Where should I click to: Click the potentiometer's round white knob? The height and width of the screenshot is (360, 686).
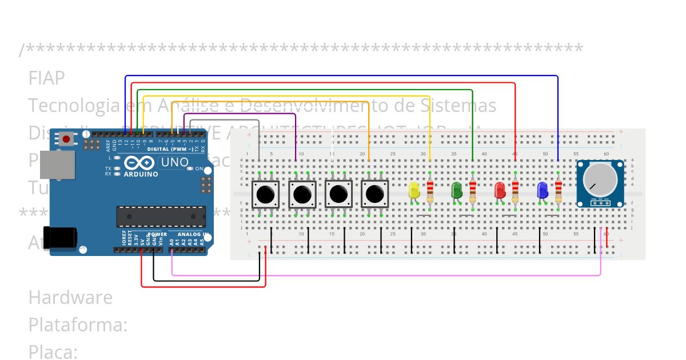tap(599, 179)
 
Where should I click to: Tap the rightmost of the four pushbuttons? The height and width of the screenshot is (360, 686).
tap(375, 194)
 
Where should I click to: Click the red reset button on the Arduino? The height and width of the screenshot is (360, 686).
tap(67, 139)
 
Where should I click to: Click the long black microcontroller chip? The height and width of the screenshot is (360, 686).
tap(161, 216)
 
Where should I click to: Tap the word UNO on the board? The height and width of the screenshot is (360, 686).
tap(174, 162)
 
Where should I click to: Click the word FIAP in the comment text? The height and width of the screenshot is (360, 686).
tap(46, 78)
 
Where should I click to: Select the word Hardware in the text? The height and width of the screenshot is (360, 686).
tap(70, 298)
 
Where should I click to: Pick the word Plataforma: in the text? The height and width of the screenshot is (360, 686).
tap(78, 325)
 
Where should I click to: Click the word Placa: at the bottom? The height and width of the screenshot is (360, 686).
tap(53, 352)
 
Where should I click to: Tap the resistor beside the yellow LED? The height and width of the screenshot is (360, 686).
tap(430, 191)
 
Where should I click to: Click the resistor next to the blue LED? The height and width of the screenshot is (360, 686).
tap(559, 191)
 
